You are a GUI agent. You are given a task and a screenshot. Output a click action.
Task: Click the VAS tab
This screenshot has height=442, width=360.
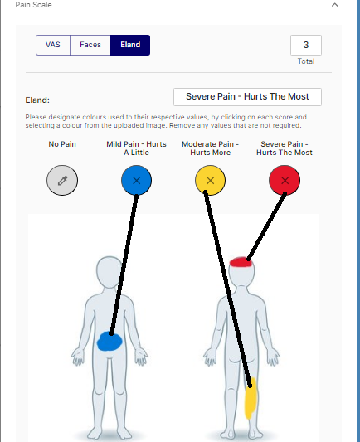click(x=53, y=45)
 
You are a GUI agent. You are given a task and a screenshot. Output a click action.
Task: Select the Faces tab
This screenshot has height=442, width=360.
click(x=90, y=45)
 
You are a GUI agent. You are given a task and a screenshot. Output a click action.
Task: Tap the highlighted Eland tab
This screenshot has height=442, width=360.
click(x=130, y=45)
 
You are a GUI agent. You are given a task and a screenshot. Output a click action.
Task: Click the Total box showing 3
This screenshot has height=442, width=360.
click(x=306, y=45)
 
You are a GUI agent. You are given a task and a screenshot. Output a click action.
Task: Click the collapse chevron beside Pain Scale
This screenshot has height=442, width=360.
click(x=334, y=5)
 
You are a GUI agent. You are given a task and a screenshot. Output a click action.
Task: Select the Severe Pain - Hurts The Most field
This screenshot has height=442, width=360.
click(x=247, y=97)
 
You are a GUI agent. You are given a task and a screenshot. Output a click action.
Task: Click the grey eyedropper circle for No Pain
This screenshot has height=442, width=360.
click(x=62, y=181)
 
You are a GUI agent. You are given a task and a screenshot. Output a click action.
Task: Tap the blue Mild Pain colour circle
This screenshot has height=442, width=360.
click(x=136, y=181)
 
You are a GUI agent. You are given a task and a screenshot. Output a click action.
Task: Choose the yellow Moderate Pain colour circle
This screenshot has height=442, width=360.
click(x=211, y=181)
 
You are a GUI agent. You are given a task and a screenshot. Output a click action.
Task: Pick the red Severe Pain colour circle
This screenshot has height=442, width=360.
click(x=285, y=181)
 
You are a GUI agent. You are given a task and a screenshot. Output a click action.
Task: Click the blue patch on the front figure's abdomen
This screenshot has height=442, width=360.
click(x=109, y=342)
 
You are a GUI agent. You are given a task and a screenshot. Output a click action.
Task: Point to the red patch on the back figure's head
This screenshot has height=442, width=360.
click(x=241, y=262)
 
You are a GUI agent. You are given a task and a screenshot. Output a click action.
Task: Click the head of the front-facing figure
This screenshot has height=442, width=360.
click(x=109, y=271)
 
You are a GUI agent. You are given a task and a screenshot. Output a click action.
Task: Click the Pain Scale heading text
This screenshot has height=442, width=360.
click(x=33, y=5)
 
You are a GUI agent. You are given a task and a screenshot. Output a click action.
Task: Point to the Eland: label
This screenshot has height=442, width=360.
click(x=37, y=100)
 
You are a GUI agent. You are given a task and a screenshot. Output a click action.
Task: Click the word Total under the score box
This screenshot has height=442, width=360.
click(x=306, y=61)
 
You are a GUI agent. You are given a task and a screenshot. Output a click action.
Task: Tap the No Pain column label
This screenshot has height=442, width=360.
click(x=62, y=144)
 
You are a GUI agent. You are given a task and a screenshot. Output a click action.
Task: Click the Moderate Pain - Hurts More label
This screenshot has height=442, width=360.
click(x=211, y=148)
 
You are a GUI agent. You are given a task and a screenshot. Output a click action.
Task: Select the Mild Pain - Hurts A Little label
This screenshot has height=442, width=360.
click(x=136, y=148)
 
